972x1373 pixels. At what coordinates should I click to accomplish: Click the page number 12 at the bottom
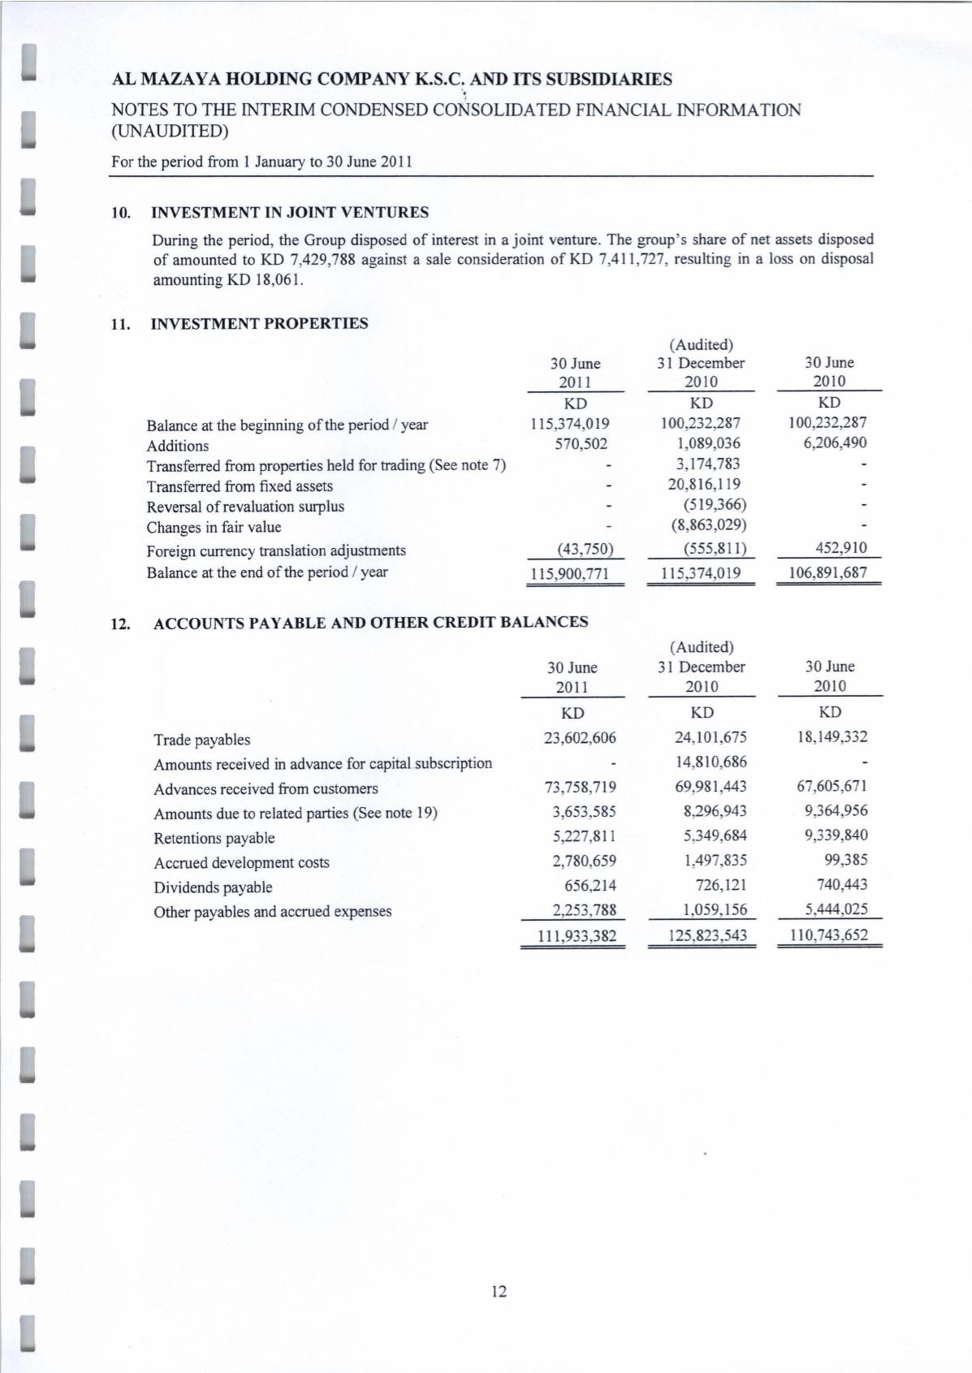[x=499, y=1291]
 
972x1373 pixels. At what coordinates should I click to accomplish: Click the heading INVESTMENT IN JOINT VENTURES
[x=290, y=213]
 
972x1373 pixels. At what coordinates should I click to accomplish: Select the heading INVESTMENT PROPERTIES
[x=260, y=323]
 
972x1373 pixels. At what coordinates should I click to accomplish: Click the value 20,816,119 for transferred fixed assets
[x=703, y=485]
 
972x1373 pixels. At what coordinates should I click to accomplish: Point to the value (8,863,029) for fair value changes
[x=709, y=525]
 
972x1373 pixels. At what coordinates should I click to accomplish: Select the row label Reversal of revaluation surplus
[x=245, y=507]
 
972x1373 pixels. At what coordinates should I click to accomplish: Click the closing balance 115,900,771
[x=569, y=573]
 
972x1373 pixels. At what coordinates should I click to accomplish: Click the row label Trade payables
[x=202, y=740]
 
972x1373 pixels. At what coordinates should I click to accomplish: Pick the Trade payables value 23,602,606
[x=579, y=738]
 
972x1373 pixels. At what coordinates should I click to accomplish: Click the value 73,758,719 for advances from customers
[x=579, y=787]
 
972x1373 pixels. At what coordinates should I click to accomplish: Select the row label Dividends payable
[x=213, y=887]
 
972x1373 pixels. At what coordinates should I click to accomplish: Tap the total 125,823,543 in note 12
[x=702, y=935]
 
